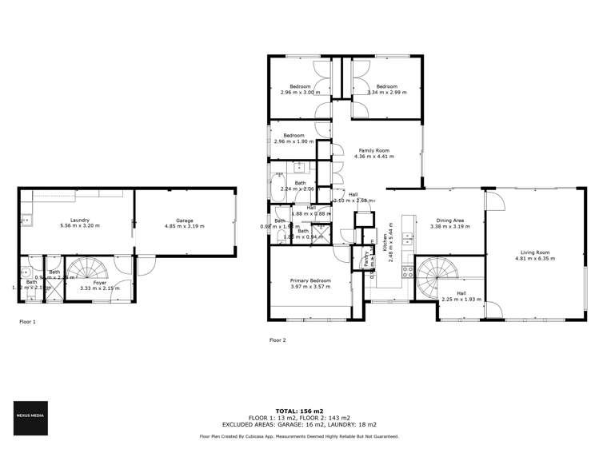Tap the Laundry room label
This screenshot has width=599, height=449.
coord(78,220)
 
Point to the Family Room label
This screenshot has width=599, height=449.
coord(373,150)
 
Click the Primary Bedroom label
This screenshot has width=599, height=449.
coord(310,280)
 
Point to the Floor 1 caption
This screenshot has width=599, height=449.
coord(27,321)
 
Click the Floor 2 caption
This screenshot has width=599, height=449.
coord(277,340)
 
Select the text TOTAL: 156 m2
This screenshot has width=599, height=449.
coord(299,410)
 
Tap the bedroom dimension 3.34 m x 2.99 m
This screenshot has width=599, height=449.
coord(387,93)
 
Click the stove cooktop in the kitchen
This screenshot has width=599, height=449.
coord(407,271)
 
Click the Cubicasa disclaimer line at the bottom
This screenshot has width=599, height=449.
coord(299,436)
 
